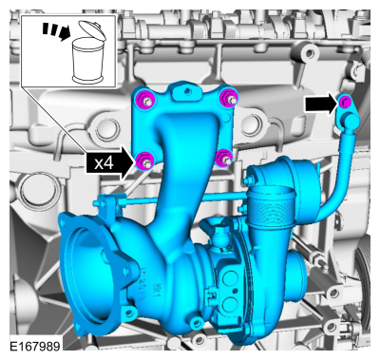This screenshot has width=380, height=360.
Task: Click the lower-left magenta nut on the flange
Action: pos(146,159)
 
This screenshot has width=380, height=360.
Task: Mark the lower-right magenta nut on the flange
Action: pos(224,157)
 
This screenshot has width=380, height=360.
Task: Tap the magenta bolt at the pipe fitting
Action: pos(346,102)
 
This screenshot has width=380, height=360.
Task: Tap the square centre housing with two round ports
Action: pos(228,285)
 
